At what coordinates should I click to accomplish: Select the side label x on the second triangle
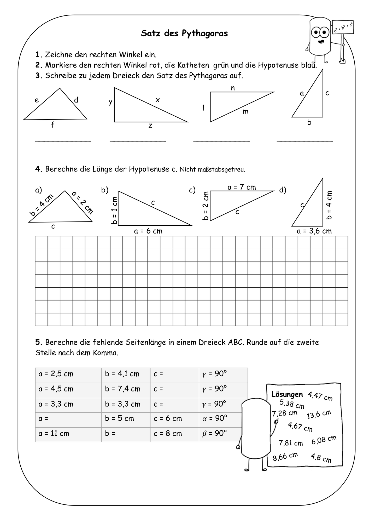pos(157,100)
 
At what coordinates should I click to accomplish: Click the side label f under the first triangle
pos(52,125)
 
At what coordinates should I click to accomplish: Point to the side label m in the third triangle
pos(245,112)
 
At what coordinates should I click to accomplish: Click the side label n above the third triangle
pos(233,88)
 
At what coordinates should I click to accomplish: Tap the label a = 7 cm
pos(242,187)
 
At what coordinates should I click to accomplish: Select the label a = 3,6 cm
pos(314,231)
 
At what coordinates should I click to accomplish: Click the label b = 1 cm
pos(114,211)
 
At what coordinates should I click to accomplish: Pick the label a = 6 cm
pos(148,231)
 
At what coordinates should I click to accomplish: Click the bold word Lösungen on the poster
pos(287,394)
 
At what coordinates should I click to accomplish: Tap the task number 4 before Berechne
pos(38,169)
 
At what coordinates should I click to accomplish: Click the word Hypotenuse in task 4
pos(149,169)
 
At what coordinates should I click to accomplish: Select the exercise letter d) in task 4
pos(283,190)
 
